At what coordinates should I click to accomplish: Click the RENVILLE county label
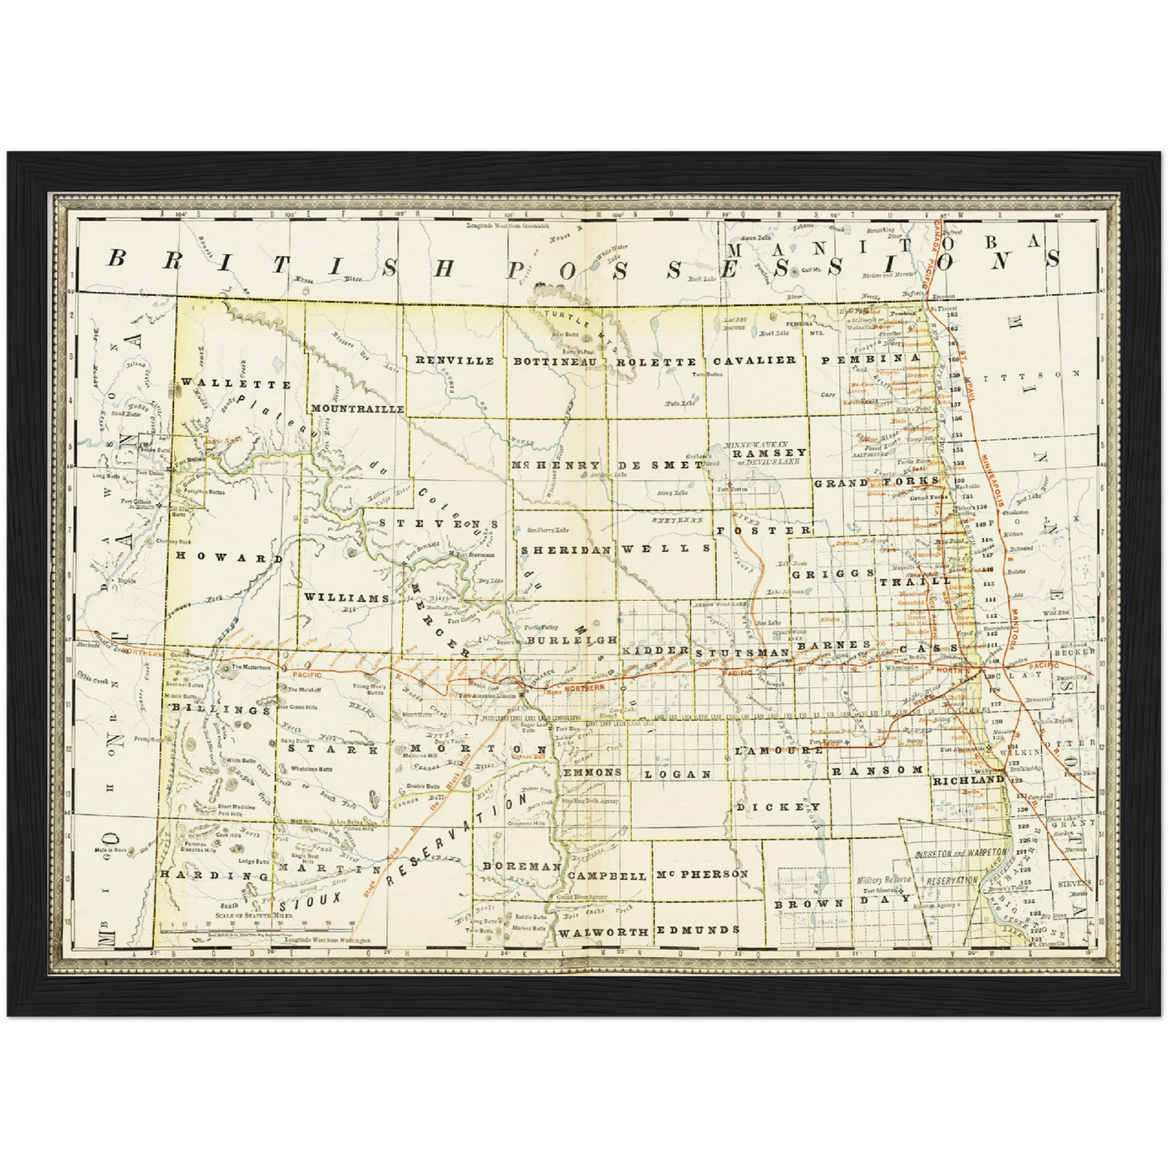click(x=454, y=361)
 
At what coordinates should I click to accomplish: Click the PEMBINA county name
click(x=871, y=357)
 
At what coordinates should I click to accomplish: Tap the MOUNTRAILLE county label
click(x=357, y=409)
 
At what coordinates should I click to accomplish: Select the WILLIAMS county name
click(x=347, y=597)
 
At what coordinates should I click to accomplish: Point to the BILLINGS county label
click(x=220, y=709)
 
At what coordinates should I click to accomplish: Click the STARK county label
click(x=329, y=749)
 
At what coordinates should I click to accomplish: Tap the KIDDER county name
click(x=655, y=650)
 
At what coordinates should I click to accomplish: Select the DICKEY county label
click(x=778, y=807)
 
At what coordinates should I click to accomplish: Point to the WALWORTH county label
click(x=603, y=932)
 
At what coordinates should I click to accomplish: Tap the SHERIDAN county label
click(x=565, y=548)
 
